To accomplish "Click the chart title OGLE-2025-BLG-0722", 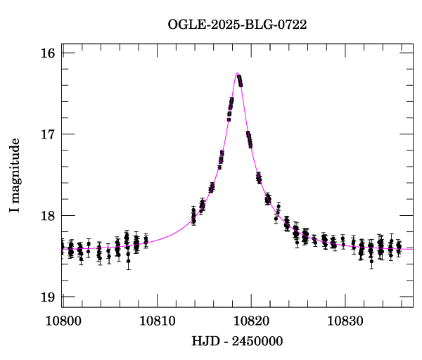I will pyautogui.click(x=237, y=25).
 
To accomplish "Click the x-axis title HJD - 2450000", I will pyautogui.click(x=237, y=341).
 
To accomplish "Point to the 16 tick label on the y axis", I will pyautogui.click(x=49, y=53).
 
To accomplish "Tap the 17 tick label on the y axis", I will pyautogui.click(x=49, y=134).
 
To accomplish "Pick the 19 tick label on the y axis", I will pyautogui.click(x=49, y=297).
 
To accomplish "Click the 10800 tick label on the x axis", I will pyautogui.click(x=62, y=321).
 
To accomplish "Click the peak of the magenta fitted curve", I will pyautogui.click(x=237, y=73).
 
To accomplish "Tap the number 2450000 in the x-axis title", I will pyautogui.click(x=259, y=341).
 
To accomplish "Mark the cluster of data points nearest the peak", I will pyautogui.click(x=240, y=80).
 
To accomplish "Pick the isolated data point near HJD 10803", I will pyautogui.click(x=89, y=244).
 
